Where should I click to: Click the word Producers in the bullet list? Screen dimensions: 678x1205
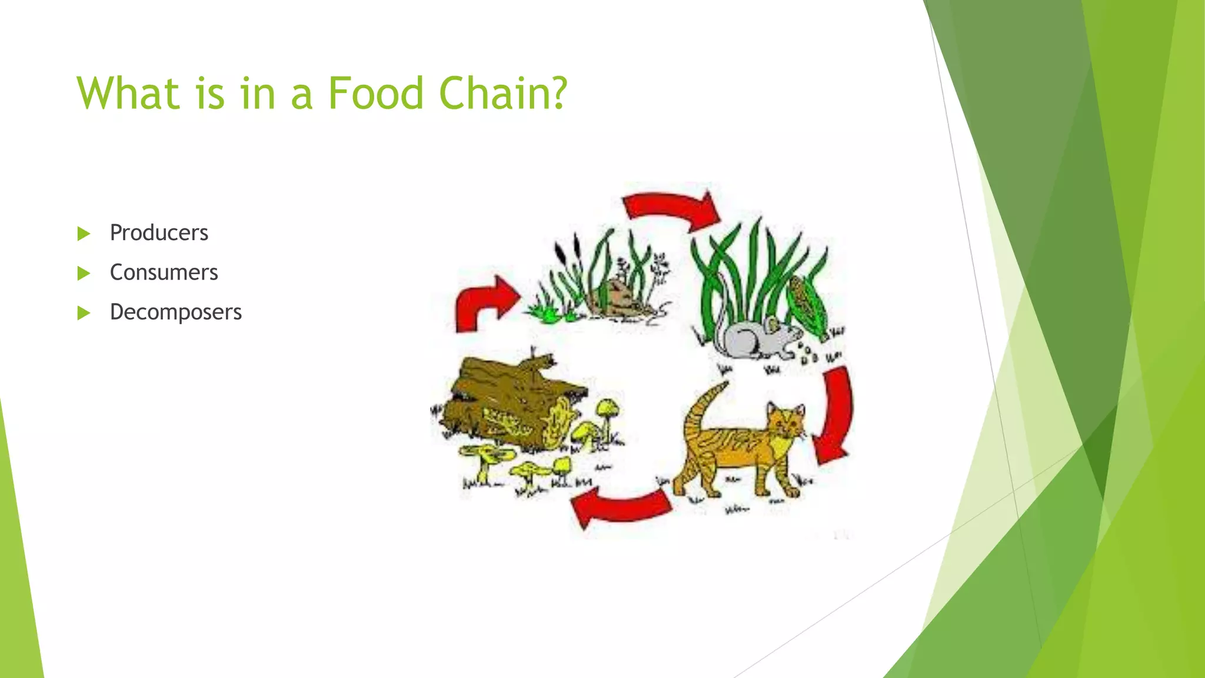[159, 233]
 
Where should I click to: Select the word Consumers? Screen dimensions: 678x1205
[164, 272]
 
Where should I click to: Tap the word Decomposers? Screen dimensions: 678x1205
[175, 312]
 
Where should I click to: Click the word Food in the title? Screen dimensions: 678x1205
[375, 93]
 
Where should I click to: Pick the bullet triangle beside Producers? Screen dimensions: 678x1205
[84, 234]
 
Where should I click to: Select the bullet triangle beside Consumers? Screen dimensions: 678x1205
[84, 273]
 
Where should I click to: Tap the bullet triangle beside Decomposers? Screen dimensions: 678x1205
[84, 313]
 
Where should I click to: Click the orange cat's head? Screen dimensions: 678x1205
[785, 421]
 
